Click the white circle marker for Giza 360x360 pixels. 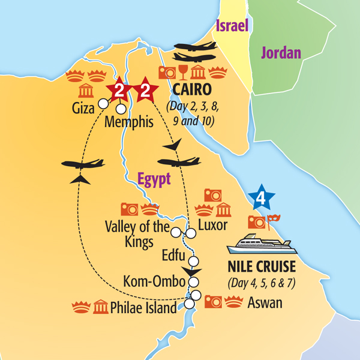[103, 104]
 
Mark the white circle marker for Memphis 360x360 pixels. [121, 109]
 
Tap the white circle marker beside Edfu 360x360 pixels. [194, 260]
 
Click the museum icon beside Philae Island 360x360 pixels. [101, 308]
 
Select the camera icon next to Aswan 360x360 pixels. [214, 301]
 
